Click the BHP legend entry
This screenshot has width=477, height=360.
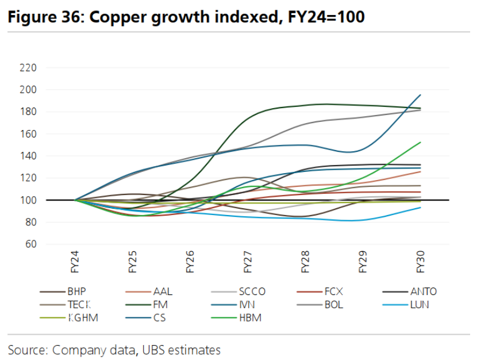tap(76, 292)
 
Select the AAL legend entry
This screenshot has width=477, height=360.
tap(163, 292)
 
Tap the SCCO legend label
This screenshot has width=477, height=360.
tap(252, 292)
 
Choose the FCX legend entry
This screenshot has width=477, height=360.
tap(334, 292)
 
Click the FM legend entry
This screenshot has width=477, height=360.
tap(160, 304)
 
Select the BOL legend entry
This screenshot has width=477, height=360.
tap(333, 304)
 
